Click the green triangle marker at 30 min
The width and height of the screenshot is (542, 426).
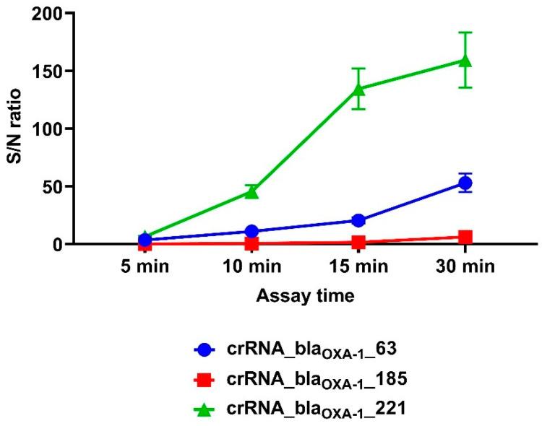(x=465, y=60)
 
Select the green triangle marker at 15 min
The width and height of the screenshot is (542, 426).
(x=359, y=89)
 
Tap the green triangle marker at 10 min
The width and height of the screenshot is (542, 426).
(x=252, y=191)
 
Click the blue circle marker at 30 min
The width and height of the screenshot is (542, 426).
(x=465, y=183)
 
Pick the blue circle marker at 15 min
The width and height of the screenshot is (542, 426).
(x=359, y=220)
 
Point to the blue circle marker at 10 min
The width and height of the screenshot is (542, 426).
(x=252, y=232)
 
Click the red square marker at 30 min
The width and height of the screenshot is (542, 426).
(x=465, y=237)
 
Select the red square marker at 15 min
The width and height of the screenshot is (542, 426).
(x=359, y=243)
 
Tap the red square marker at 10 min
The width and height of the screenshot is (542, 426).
(x=252, y=243)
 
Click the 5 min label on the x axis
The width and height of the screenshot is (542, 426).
(x=145, y=267)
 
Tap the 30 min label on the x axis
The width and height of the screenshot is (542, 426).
(x=465, y=267)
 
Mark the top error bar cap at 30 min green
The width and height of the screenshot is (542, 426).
(x=465, y=32)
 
